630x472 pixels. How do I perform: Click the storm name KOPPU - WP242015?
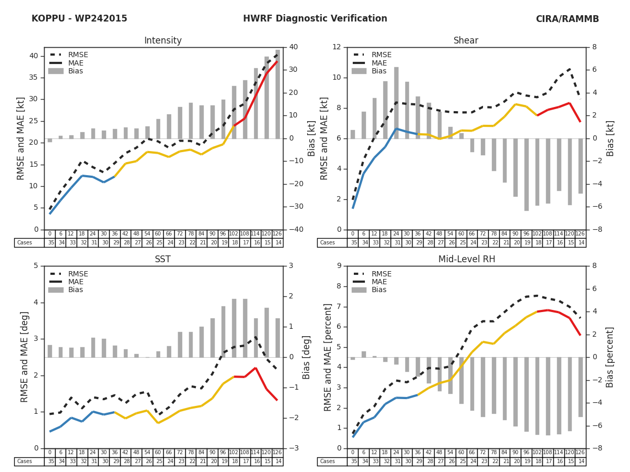click(x=79, y=19)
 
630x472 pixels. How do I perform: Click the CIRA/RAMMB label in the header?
click(x=567, y=19)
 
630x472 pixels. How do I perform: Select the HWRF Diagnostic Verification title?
click(x=315, y=19)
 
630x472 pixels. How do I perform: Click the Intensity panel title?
click(x=163, y=41)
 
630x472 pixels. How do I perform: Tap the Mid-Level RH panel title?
click(x=466, y=259)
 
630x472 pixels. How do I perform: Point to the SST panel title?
click(x=163, y=259)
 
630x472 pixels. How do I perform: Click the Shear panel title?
click(x=466, y=41)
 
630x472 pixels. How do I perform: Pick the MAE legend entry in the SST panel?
click(x=76, y=282)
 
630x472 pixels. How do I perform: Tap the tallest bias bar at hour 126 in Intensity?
click(x=278, y=94)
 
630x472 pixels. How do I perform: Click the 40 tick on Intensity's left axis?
click(x=34, y=56)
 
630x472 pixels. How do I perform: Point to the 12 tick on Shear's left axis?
click(x=337, y=47)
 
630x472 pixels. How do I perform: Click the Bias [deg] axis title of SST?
click(x=307, y=357)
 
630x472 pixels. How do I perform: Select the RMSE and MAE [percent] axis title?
click(x=328, y=357)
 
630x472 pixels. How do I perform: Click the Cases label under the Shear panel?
click(x=328, y=243)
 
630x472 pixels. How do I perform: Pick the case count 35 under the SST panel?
click(x=50, y=462)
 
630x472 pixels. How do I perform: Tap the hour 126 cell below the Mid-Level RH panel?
click(x=581, y=453)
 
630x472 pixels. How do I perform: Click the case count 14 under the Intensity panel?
click(x=278, y=243)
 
